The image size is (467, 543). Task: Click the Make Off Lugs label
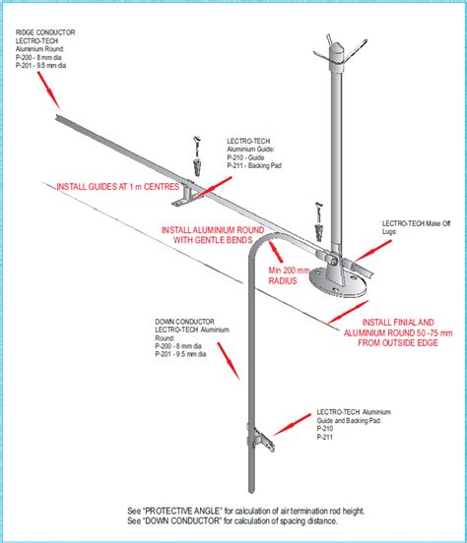click(418, 228)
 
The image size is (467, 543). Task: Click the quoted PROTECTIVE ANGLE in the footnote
click(196, 511)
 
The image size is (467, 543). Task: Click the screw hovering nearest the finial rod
click(318, 209)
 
